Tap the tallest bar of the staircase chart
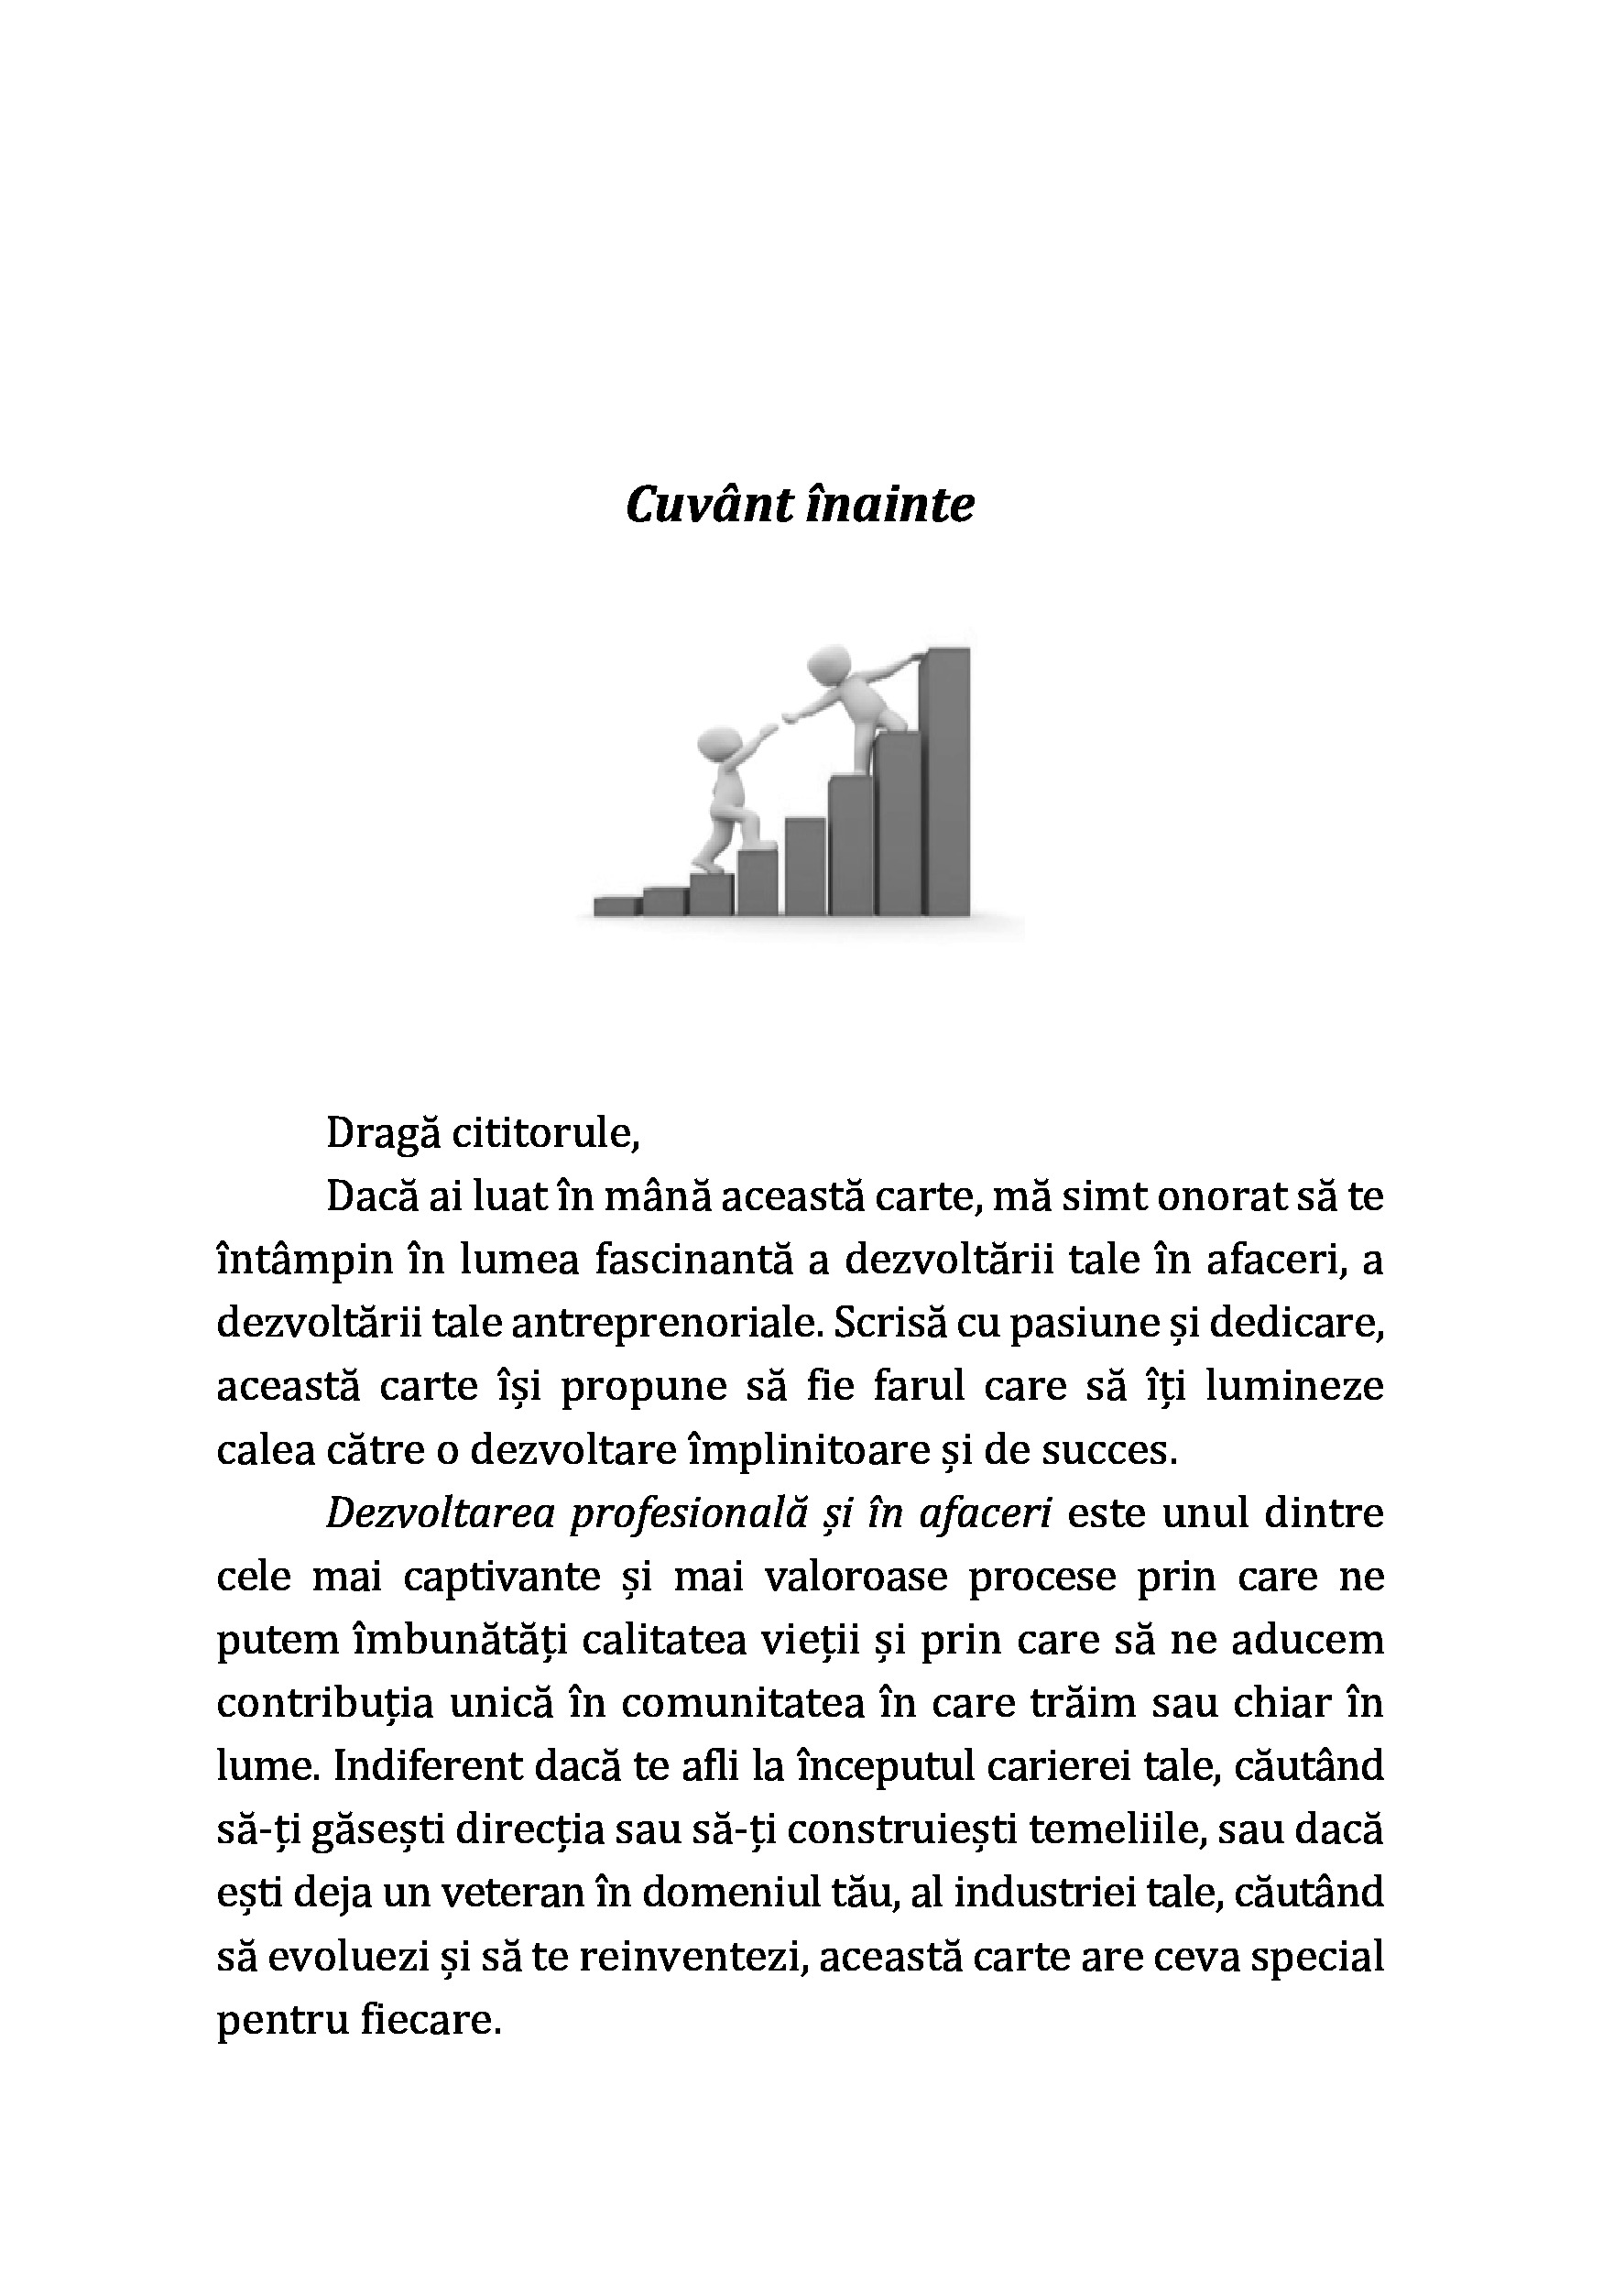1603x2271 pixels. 946,781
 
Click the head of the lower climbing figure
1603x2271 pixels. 719,744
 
